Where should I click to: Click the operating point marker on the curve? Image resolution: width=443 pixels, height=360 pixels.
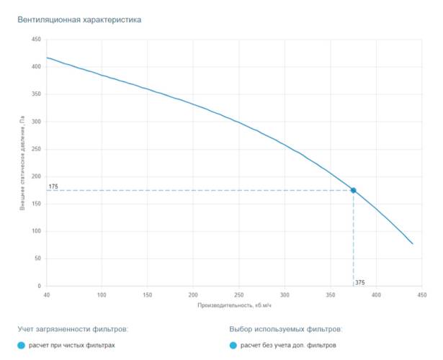(x=353, y=190)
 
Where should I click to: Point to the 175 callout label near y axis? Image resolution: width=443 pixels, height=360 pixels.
(x=53, y=186)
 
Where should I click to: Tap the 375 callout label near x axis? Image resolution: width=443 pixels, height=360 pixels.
(x=360, y=282)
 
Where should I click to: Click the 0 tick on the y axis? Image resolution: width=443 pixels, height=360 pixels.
(x=39, y=286)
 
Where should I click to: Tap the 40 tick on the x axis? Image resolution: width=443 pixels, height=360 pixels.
(x=47, y=295)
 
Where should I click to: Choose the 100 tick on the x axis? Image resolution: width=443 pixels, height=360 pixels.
(x=102, y=295)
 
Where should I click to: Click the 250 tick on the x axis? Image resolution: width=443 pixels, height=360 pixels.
(x=239, y=295)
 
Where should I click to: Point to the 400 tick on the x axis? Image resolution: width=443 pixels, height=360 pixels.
(x=376, y=295)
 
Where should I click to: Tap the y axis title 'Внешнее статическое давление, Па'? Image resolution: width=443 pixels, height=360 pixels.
(x=22, y=164)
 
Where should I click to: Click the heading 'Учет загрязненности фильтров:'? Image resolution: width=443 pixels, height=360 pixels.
(x=73, y=329)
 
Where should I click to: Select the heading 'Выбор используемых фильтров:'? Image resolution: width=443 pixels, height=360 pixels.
(x=285, y=329)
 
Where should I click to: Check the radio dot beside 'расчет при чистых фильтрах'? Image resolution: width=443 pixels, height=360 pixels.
(x=22, y=346)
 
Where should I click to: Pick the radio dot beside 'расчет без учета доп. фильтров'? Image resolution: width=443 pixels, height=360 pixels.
(x=233, y=346)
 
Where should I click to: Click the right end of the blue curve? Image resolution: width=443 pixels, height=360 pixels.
(x=413, y=243)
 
